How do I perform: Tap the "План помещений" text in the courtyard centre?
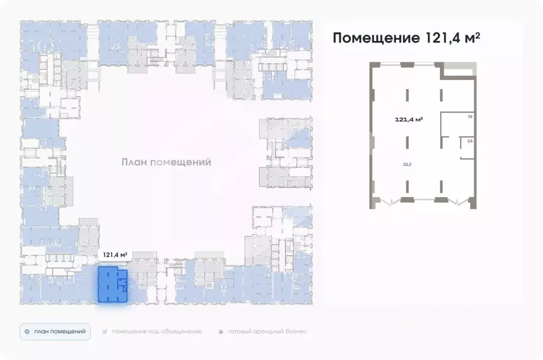166,162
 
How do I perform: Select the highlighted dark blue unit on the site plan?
111,286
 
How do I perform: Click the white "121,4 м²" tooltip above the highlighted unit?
115,255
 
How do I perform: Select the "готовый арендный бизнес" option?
267,331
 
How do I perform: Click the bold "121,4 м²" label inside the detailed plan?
409,119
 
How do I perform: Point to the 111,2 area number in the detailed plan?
407,164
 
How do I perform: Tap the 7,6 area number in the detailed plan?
469,117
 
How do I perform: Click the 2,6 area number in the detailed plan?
469,141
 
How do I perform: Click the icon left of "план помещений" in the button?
27,331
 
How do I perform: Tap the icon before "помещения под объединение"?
104,331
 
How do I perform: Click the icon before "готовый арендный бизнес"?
221,331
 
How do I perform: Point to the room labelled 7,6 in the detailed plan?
459,124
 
